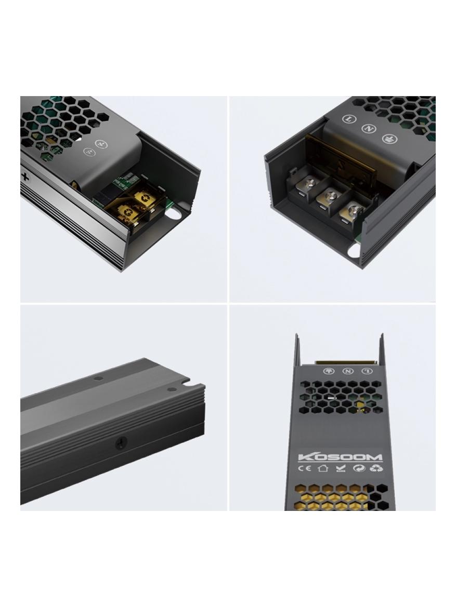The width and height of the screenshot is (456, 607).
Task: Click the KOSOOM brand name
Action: (340, 457)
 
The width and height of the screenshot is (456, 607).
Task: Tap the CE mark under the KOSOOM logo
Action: (305, 469)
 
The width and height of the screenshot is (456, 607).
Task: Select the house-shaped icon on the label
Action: (322, 469)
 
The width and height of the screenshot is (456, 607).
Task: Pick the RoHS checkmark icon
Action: (341, 469)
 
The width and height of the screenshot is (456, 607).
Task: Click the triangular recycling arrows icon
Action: (376, 469)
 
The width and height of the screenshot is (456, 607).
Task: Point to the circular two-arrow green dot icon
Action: (359, 469)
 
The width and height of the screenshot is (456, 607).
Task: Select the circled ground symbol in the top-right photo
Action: (387, 138)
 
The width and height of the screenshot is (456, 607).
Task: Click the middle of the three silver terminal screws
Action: (329, 196)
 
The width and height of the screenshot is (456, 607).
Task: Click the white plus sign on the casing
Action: (25, 176)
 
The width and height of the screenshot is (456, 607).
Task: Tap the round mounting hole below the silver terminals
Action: (355, 250)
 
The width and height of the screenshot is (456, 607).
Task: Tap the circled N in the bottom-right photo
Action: (348, 371)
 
